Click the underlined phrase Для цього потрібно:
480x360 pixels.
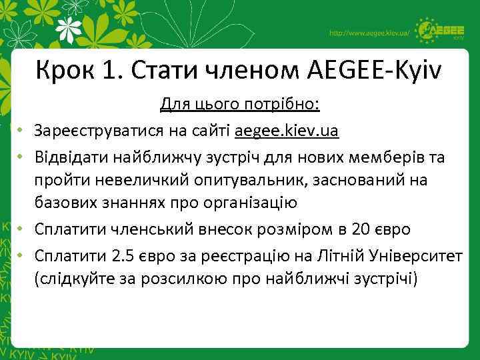(x=240, y=105)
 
